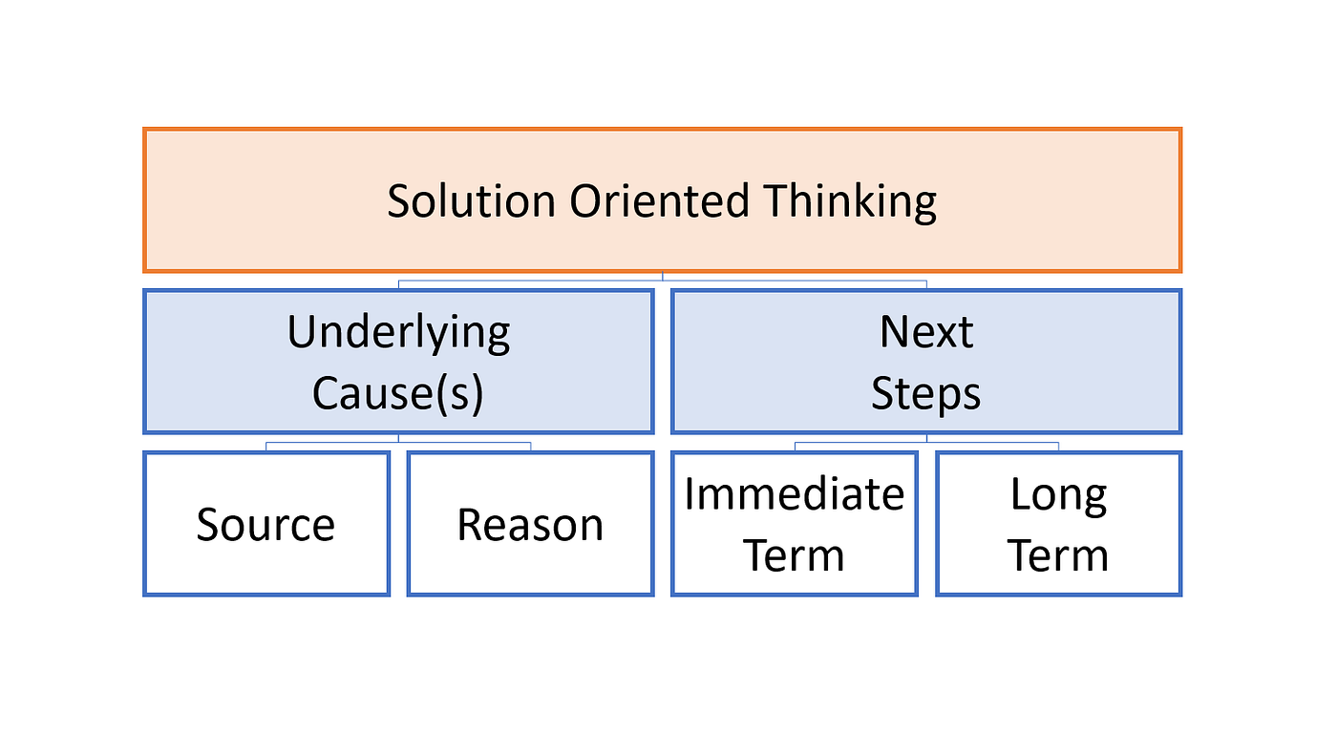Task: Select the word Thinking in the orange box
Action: tap(850, 202)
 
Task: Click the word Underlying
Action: tap(398, 333)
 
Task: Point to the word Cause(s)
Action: tap(398, 394)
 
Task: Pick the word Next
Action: tap(926, 333)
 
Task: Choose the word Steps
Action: tap(926, 394)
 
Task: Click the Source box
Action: tap(266, 525)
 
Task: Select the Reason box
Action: tap(530, 525)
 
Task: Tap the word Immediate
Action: tap(795, 494)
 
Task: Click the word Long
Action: tap(1059, 494)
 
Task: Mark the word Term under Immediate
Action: tap(795, 555)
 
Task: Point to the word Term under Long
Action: tap(1059, 555)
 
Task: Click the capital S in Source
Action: tap(208, 525)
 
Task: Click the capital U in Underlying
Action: tap(301, 333)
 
